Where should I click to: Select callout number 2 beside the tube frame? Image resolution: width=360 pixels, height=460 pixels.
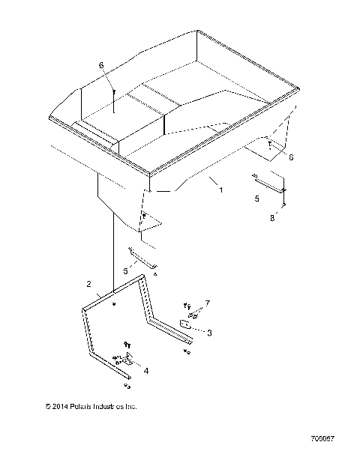89,285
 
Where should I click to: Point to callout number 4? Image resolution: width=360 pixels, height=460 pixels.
145,370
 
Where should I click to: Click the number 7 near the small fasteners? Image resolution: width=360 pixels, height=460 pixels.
198,303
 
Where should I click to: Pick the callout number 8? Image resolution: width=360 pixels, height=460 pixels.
272,218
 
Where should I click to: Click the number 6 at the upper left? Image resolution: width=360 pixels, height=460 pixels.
101,66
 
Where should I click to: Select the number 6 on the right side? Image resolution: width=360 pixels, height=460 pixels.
291,157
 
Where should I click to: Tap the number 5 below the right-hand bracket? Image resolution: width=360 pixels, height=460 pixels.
256,199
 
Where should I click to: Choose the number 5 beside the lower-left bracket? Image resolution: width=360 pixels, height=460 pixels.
125,270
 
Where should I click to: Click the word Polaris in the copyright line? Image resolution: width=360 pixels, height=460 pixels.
79,407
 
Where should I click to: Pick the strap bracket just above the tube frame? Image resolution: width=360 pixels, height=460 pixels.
142,258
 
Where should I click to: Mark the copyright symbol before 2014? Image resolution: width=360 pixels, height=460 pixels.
47,407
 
